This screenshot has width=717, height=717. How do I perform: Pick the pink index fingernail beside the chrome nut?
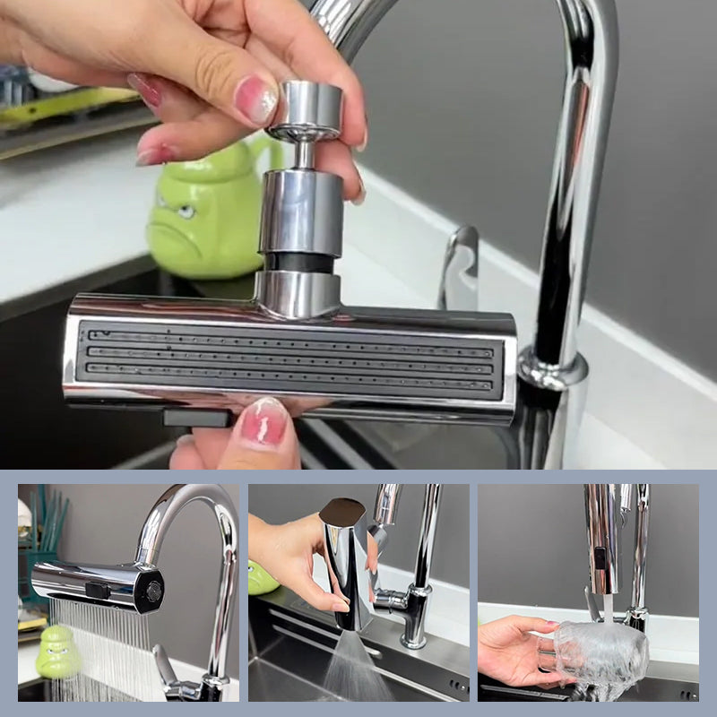[256, 99]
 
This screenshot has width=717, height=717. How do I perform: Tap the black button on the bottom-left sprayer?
[98, 591]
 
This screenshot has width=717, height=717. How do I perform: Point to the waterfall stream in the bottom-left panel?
[99, 650]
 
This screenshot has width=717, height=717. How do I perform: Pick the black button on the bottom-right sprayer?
[598, 557]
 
